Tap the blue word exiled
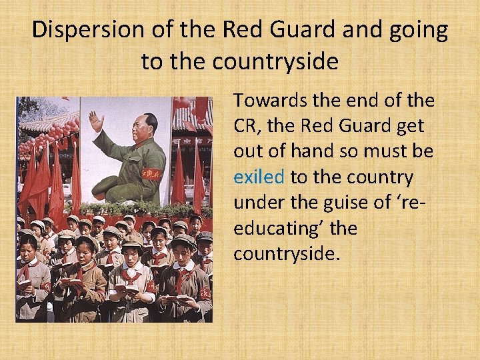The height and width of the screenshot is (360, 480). (259, 177)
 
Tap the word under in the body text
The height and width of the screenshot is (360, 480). (259, 203)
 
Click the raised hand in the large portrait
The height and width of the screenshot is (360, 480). (97, 123)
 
